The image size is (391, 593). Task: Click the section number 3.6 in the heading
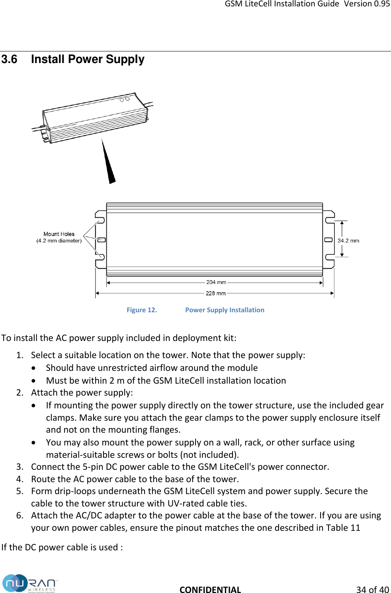10,59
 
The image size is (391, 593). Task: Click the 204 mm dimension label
216,282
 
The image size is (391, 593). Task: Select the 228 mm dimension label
215,294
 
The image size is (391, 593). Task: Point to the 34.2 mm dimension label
348,241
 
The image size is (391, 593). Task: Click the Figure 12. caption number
142,310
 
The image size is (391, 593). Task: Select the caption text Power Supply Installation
225,310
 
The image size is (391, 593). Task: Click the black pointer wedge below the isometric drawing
108,164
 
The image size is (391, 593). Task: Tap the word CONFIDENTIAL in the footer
210,590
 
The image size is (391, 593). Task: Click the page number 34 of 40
372,590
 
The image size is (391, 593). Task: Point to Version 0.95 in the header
367,4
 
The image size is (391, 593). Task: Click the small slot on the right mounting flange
328,240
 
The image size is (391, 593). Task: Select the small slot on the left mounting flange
102,240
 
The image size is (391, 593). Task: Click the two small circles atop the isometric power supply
125,99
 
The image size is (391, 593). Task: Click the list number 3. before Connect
20,467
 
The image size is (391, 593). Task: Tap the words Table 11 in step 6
343,528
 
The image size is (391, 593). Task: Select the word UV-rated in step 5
186,504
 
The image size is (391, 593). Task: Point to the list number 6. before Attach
20,516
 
